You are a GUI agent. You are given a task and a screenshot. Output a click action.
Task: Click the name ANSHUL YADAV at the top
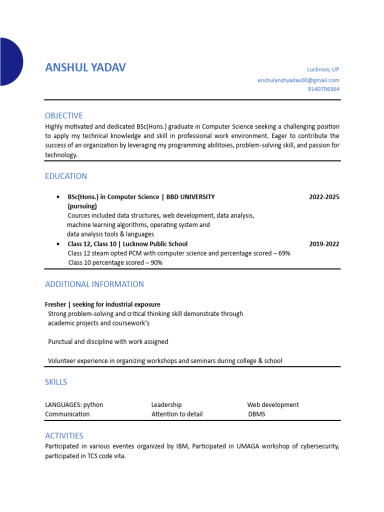[x=85, y=67]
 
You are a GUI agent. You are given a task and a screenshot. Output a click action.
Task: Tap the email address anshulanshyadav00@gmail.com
[x=298, y=80]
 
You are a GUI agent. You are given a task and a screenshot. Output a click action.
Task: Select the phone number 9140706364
[x=323, y=89]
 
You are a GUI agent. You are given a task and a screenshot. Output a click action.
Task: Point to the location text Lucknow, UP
[x=323, y=69]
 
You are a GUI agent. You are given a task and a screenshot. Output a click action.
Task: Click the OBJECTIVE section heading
[x=64, y=115]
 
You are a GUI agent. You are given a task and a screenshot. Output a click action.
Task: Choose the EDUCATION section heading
[x=66, y=176]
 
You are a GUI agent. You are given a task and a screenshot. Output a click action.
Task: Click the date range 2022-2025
[x=324, y=197]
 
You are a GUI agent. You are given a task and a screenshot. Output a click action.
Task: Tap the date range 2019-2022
[x=324, y=244]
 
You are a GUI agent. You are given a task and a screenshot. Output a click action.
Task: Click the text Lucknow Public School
[x=158, y=244]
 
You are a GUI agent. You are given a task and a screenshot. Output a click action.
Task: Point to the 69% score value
[x=284, y=253]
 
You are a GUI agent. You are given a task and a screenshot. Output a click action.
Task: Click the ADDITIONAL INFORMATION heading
[x=94, y=284]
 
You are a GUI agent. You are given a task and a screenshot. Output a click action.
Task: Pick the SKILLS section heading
[x=56, y=382]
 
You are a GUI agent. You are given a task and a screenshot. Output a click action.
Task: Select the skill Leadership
[x=166, y=404]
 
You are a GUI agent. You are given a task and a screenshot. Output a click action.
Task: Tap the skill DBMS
[x=256, y=414]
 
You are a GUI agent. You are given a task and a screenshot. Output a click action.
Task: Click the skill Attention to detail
[x=177, y=414]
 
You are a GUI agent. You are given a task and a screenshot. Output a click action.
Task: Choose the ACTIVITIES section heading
[x=64, y=435]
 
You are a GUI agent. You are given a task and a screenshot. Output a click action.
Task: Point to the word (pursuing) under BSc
[x=82, y=206]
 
